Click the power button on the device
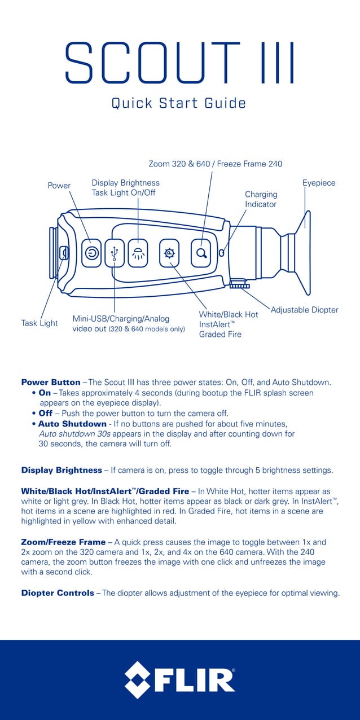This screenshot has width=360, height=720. pos(91,253)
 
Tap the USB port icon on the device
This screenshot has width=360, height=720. pos(114,253)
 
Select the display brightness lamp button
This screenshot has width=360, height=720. pos(137,253)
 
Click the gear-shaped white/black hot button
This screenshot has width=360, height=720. pos(169,253)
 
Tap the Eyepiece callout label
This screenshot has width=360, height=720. pos(319,183)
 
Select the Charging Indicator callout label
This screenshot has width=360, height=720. pos(261,199)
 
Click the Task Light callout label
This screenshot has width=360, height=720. pos(39,323)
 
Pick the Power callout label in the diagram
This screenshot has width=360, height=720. pos(59,186)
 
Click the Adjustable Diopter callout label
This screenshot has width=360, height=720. pos(305,310)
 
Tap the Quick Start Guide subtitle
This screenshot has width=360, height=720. pos(179,103)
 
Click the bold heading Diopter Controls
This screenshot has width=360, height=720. pos(58,593)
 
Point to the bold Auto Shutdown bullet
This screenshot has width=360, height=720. pos(72,423)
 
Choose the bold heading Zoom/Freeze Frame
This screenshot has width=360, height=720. pos(63,542)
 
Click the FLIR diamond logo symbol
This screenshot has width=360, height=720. pos(138,679)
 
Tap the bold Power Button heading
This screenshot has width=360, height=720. pos(51,382)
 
